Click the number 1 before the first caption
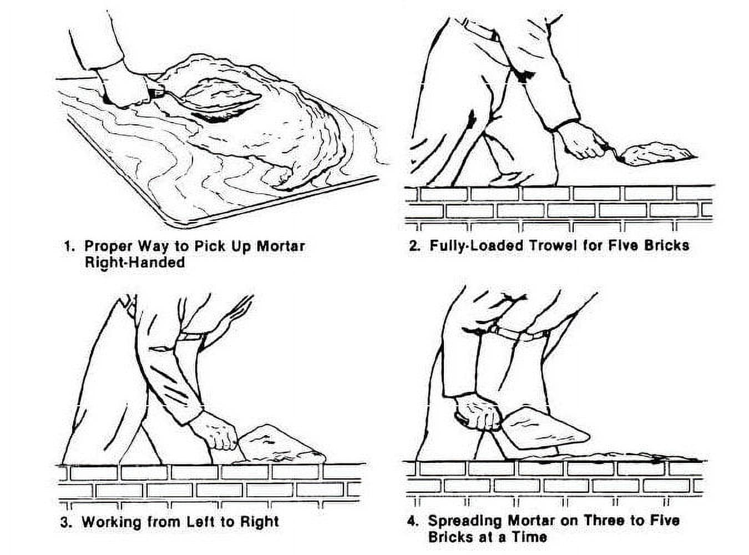[68, 246]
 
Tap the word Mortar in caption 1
[280, 246]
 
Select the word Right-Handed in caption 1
[134, 262]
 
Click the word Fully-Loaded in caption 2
[475, 245]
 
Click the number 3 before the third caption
[65, 522]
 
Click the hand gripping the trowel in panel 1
[125, 86]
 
